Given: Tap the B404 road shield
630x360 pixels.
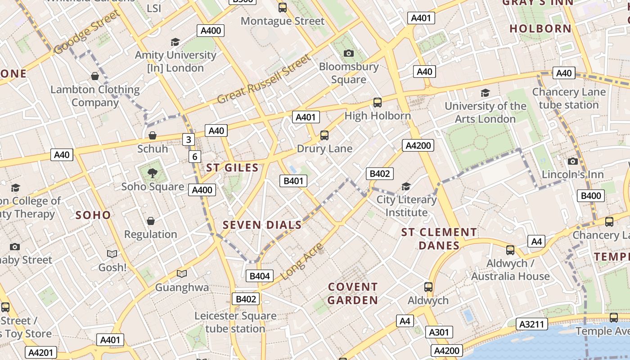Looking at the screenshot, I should click(260, 276).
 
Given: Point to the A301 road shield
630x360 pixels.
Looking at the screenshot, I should click(438, 333).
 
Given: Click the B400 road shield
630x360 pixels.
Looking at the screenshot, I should click(591, 195).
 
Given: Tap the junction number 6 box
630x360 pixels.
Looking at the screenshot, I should click(194, 157).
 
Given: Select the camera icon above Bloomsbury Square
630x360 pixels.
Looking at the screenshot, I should click(348, 53).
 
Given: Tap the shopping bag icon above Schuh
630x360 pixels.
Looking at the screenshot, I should click(153, 135).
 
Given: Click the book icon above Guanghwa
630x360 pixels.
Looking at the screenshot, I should click(181, 274).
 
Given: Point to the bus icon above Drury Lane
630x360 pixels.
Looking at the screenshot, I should click(324, 135).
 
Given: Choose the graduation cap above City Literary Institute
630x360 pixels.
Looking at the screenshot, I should click(406, 186).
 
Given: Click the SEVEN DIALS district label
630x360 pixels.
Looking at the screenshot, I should click(262, 225).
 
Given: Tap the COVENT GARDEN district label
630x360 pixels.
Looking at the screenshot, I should click(353, 293).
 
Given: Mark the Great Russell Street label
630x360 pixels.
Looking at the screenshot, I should click(264, 79).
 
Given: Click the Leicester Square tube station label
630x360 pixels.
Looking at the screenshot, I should click(235, 322).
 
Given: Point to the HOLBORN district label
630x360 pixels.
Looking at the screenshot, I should click(540, 28).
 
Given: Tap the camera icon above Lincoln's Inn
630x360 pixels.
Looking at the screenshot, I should click(572, 161).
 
